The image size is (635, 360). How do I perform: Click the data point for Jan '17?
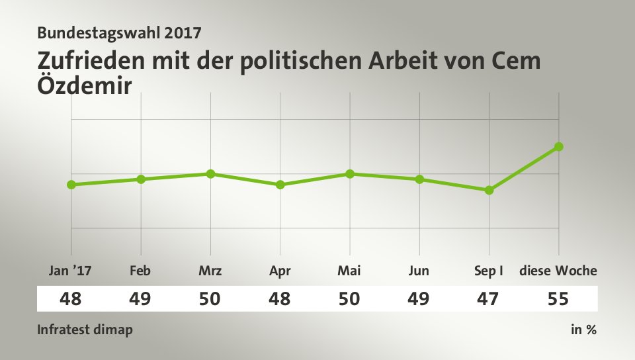(x=71, y=185)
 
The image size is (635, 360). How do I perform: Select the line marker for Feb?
(x=141, y=179)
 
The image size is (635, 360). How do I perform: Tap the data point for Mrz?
(x=210, y=174)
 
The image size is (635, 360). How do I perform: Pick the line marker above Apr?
(x=280, y=185)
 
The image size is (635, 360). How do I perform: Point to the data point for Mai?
(x=350, y=174)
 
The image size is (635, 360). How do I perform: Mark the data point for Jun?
(x=419, y=179)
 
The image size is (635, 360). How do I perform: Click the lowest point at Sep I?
(x=489, y=190)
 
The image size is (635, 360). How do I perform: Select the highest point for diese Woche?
(x=559, y=146)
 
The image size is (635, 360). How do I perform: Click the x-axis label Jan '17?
(x=71, y=271)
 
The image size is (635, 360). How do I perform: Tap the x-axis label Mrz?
(x=210, y=271)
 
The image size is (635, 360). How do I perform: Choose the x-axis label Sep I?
(x=489, y=271)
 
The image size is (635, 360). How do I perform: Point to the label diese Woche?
(x=558, y=271)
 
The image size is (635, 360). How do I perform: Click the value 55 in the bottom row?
(x=558, y=299)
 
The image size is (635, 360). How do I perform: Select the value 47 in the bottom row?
(x=489, y=299)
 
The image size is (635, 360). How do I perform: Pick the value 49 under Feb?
(x=141, y=299)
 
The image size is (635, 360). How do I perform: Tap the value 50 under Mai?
(x=349, y=299)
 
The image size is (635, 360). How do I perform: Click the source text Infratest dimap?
(x=85, y=330)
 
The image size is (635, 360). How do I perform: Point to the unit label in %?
(x=583, y=330)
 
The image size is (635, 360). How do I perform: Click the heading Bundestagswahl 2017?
(x=120, y=32)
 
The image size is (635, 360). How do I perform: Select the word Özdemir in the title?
(x=85, y=85)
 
